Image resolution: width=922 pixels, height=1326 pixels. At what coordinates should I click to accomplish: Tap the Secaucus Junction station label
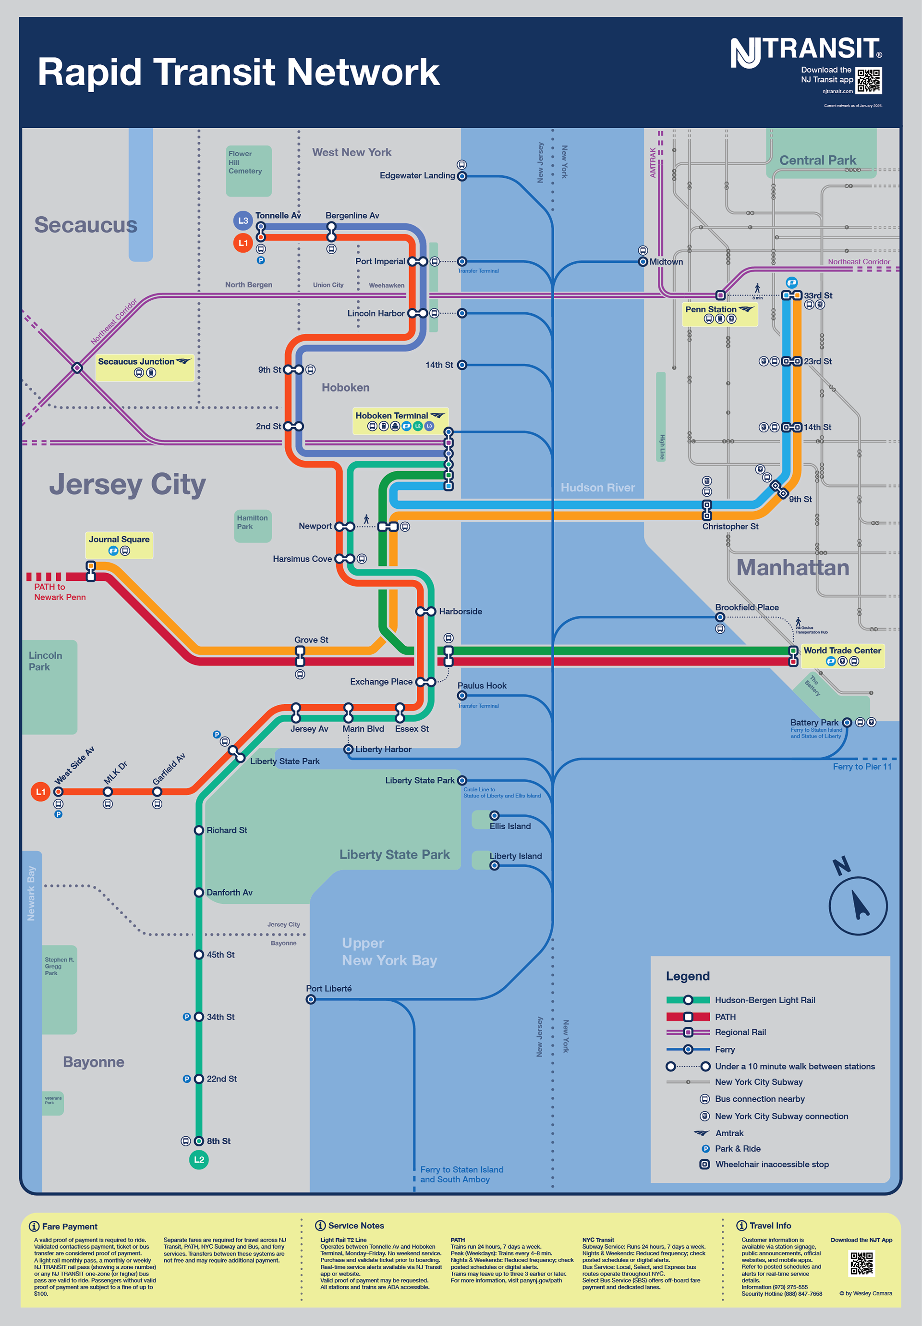(x=136, y=362)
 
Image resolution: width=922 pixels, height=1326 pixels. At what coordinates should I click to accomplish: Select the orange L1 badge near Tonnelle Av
(x=243, y=243)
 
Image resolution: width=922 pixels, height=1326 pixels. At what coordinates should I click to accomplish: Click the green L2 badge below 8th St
(x=199, y=1160)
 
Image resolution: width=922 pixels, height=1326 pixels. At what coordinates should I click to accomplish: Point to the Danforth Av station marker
(x=199, y=892)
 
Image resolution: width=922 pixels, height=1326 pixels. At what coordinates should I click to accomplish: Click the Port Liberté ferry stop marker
(x=311, y=999)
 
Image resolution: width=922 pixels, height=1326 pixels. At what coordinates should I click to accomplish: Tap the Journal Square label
(x=119, y=540)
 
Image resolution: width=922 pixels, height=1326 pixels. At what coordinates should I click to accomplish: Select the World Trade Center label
(x=842, y=651)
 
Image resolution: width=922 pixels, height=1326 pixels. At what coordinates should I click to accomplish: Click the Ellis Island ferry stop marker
(x=494, y=815)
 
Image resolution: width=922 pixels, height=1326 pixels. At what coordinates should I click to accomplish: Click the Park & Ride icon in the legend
(x=705, y=1149)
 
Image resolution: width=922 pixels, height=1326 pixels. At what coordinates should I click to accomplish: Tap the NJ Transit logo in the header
(x=805, y=51)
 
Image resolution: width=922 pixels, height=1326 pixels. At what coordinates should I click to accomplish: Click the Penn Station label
(x=711, y=309)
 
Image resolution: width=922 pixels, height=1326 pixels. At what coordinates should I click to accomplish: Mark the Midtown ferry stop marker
(x=643, y=262)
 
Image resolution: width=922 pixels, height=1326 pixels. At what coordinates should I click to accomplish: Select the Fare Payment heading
(x=69, y=1226)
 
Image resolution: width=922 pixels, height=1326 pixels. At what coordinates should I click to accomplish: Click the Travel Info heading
(x=770, y=1226)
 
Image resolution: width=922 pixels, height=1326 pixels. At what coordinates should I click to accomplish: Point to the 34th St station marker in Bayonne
(x=199, y=1017)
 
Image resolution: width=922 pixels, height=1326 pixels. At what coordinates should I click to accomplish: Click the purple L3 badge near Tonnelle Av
(x=243, y=221)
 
